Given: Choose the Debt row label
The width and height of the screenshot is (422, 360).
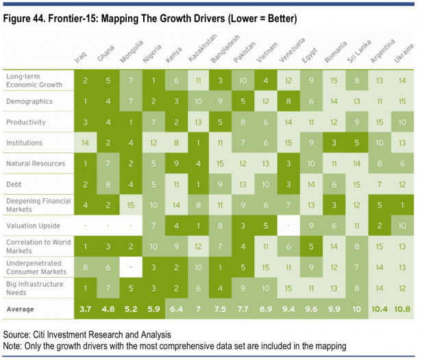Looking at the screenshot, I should pos(13,184).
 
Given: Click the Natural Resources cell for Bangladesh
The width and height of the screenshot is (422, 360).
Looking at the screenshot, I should pos(219,163).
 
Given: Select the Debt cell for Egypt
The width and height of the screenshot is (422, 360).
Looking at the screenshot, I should pos(311,184).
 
